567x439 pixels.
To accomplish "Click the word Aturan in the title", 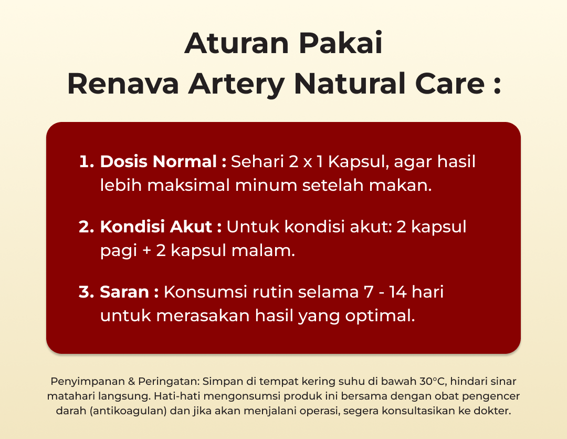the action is pos(237,44).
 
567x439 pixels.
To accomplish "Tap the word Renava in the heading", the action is pos(123,84).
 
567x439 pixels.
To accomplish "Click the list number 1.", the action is pos(87,161).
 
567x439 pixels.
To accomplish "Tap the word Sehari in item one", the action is pos(257,161).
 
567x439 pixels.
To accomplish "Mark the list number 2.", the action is pos(87,227).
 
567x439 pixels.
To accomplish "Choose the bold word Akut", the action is pos(191,227).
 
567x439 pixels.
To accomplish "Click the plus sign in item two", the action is pos(146,251).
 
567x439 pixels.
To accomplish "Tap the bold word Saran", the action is pos(124,292).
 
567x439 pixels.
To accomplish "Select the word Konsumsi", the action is pos(205,292).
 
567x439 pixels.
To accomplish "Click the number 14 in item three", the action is pos(398,292).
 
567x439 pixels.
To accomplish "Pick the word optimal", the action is pos(380,315).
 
